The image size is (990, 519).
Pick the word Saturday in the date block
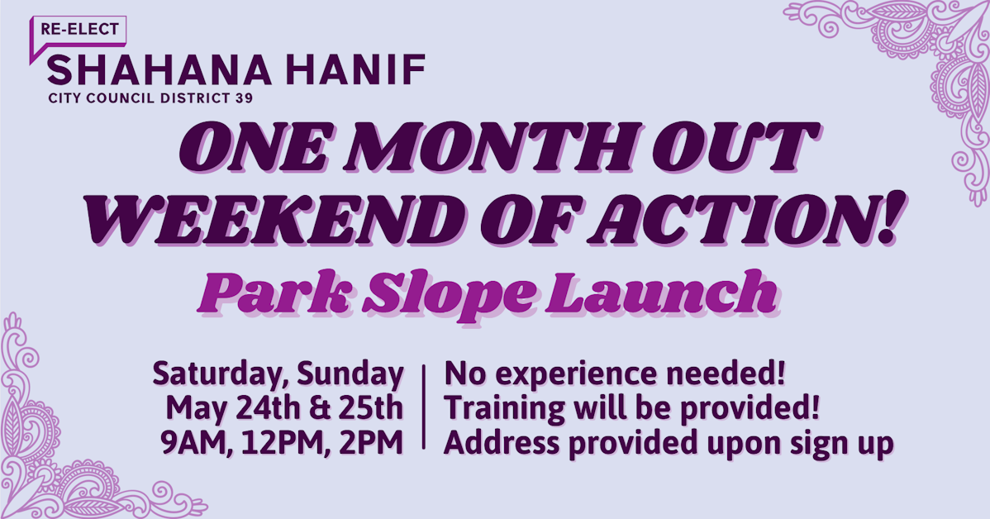point(214,375)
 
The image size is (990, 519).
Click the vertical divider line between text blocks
point(424,407)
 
